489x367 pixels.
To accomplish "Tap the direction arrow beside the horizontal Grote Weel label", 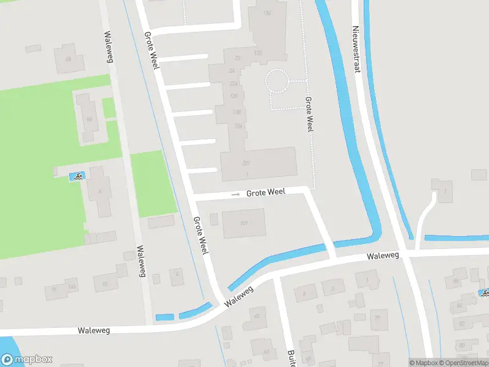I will point(236,195).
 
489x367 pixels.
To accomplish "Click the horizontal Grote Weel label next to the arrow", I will point(265,193).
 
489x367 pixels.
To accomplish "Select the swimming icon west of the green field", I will point(77,177).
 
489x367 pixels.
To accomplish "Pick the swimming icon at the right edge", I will point(484,293).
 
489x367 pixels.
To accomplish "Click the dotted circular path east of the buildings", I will point(276,81).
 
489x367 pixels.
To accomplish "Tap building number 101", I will point(244,223).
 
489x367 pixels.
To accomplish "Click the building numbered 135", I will point(267,13).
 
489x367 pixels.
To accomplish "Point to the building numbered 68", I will point(68,59).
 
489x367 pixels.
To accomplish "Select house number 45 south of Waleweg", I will point(256,316).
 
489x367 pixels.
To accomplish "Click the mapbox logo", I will point(27,360).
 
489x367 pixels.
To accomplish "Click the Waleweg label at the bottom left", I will point(94,330).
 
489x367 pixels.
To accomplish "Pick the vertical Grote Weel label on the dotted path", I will point(309,114).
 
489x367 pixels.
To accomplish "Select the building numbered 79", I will point(378,317).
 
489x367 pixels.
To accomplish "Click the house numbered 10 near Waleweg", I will point(105,284).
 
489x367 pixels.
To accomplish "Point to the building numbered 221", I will point(246,163).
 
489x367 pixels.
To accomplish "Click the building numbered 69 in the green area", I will point(89,119).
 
